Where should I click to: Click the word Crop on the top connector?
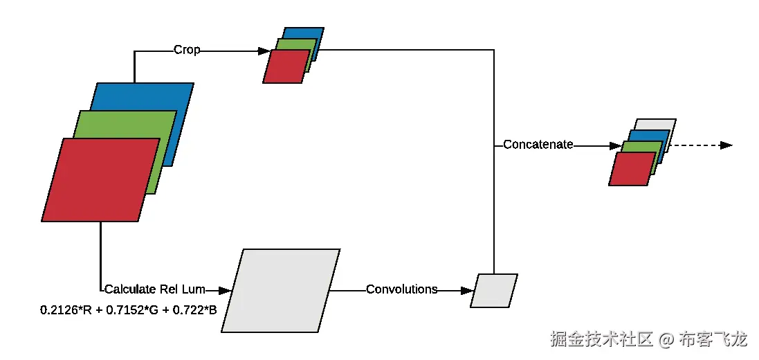187,50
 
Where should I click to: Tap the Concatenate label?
538,145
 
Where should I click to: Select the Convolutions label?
401,289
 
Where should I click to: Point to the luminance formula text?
129,309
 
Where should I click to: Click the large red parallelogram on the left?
100,180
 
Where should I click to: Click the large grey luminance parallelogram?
281,290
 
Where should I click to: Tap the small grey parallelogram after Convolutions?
493,290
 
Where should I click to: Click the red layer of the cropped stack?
285,66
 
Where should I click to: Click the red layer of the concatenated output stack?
631,169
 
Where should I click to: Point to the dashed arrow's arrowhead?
726,145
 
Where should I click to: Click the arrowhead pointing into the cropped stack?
264,51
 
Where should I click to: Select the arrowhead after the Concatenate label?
615,145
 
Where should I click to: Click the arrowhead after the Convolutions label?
468,290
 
